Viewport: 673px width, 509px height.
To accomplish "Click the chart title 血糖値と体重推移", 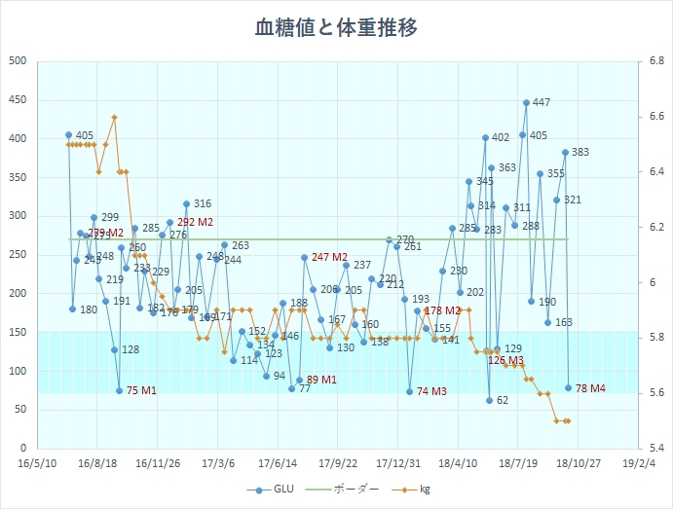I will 336,27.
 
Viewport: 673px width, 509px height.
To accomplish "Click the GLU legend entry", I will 277,491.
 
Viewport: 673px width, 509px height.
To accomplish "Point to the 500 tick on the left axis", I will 18,61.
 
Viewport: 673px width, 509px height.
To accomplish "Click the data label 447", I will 542,103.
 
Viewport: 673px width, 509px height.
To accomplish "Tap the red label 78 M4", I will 590,388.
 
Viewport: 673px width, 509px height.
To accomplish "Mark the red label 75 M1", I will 141,391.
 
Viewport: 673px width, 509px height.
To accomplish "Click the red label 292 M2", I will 194,222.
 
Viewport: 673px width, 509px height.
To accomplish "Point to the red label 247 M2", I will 329,257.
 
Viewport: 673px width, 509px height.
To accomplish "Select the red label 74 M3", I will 431,391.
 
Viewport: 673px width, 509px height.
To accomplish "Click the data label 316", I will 203,204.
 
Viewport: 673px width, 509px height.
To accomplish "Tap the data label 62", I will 503,400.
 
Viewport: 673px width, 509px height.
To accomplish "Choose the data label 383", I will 580,152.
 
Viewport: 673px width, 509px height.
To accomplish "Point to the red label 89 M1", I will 321,380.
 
